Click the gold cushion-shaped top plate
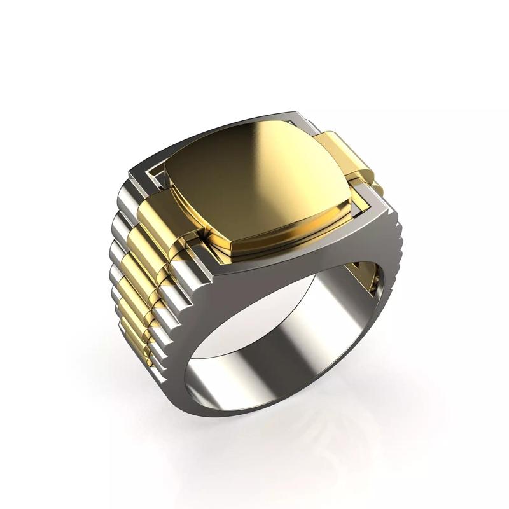point(254,178)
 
